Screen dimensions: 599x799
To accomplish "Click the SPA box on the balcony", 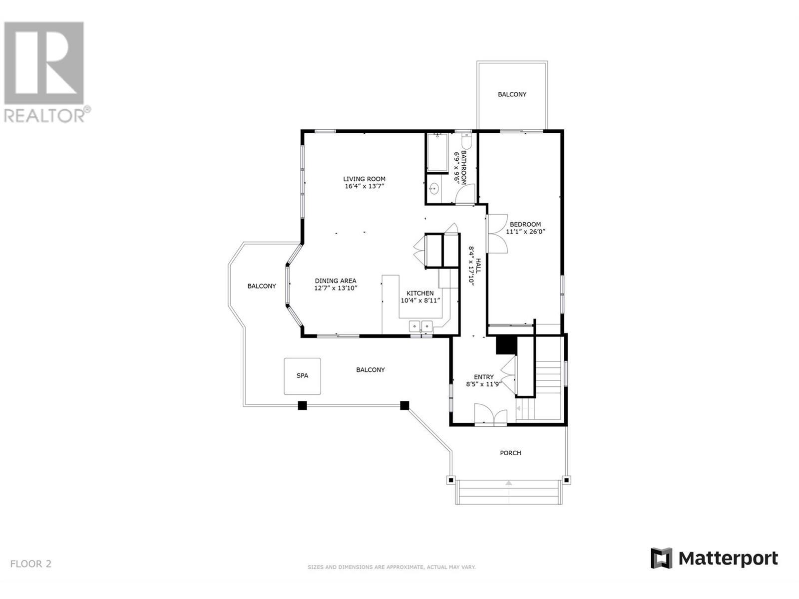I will (x=302, y=375).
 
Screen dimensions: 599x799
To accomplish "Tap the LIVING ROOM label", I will (x=364, y=179).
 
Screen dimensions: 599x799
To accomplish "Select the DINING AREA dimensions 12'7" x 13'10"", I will (x=336, y=288).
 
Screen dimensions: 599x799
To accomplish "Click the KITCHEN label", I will (x=420, y=293).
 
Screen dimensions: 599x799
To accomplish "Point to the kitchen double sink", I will (x=420, y=326).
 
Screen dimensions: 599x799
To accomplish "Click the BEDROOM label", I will (x=525, y=224).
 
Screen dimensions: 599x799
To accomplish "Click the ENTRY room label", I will (x=483, y=377).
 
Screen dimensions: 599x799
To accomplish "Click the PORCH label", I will (x=510, y=453).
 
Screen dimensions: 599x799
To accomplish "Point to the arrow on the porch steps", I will (x=508, y=483).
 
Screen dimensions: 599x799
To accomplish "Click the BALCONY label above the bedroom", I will (x=512, y=94).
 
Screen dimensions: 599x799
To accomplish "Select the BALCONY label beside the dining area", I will (x=262, y=286).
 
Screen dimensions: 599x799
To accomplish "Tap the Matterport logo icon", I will (x=661, y=558).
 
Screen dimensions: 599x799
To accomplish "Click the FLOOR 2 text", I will (x=30, y=564).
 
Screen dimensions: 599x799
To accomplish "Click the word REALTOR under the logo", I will (x=44, y=116).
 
